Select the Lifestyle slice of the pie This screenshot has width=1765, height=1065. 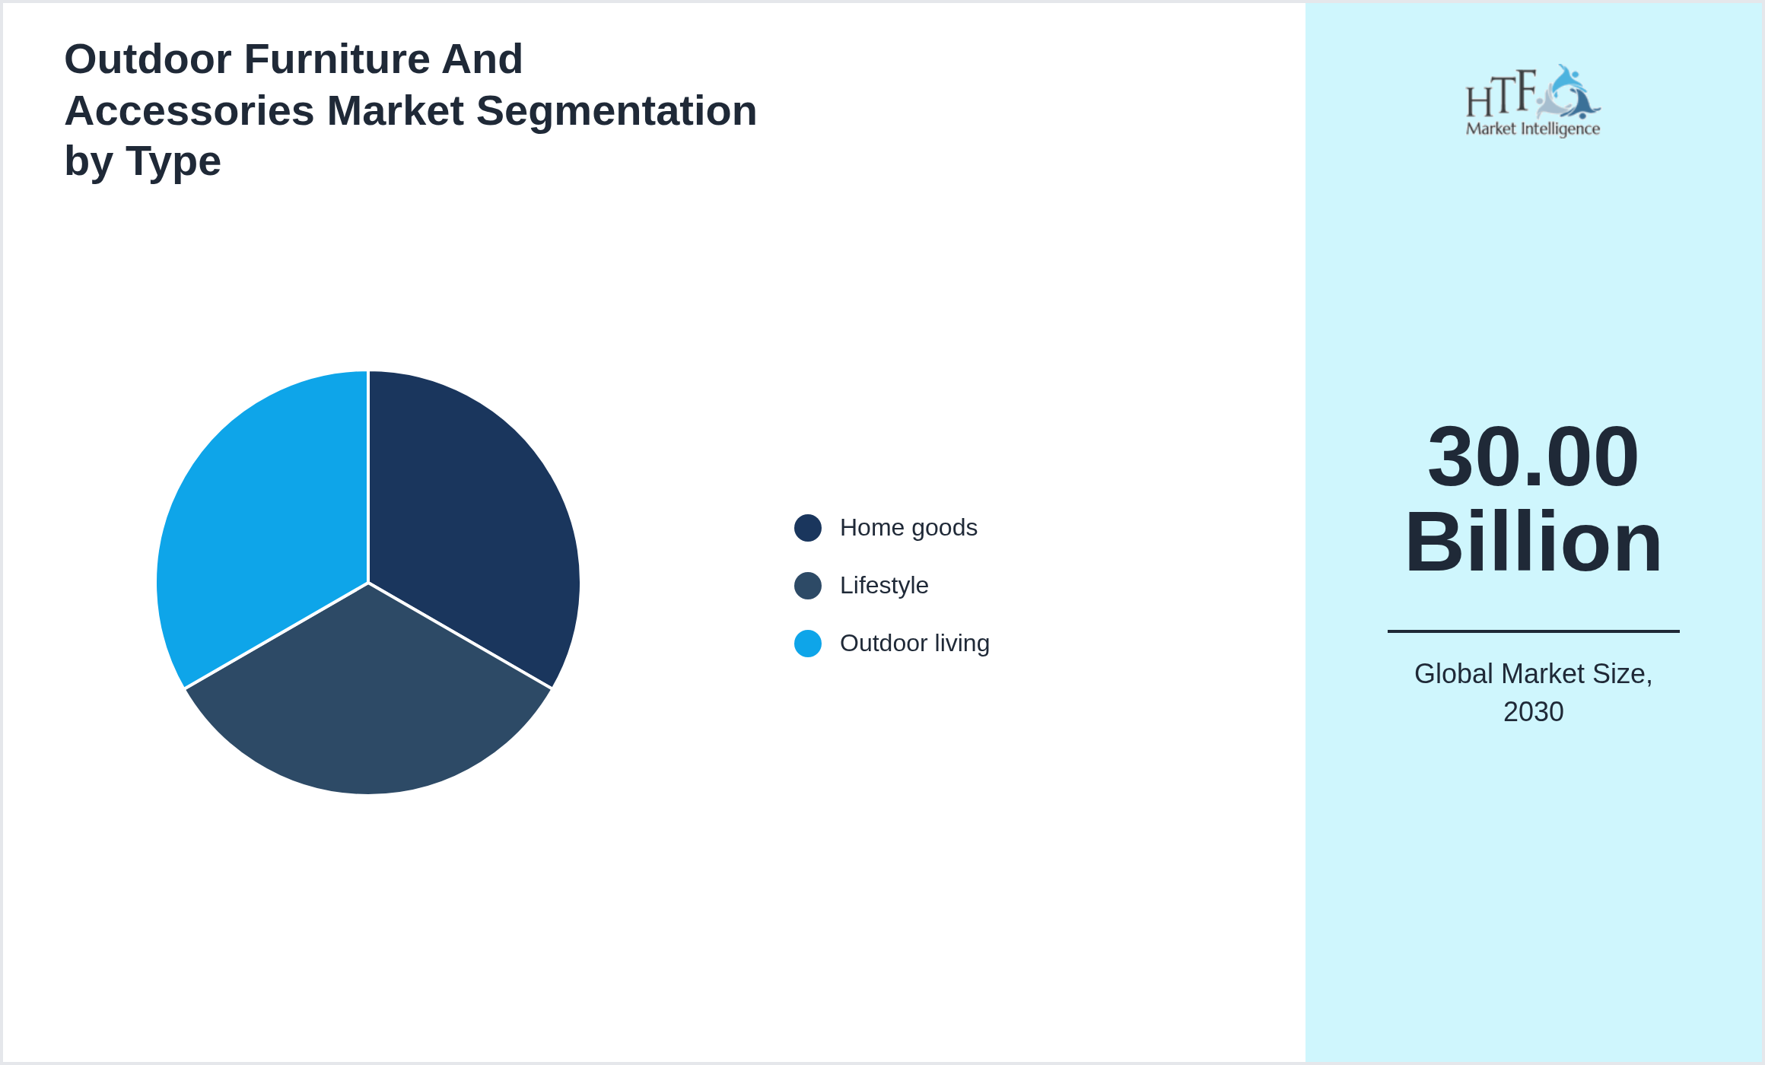pyautogui.click(x=368, y=707)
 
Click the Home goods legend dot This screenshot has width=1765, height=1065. pyautogui.click(x=808, y=528)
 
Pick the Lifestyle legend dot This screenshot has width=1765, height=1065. pyautogui.click(x=808, y=586)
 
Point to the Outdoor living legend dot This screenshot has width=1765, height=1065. pyautogui.click(x=808, y=644)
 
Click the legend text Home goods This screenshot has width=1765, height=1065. pyautogui.click(x=908, y=528)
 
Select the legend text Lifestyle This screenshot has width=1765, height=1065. pyautogui.click(x=884, y=586)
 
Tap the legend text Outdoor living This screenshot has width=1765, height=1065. pyautogui.click(x=914, y=644)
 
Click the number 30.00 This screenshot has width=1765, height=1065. pyautogui.click(x=1533, y=456)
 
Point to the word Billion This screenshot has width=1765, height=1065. pyautogui.click(x=1533, y=542)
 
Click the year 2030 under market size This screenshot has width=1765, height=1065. pyautogui.click(x=1533, y=712)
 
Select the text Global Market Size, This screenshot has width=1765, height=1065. pyautogui.click(x=1533, y=674)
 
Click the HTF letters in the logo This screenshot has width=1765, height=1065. pyautogui.click(x=1502, y=94)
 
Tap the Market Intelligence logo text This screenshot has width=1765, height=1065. pyautogui.click(x=1533, y=129)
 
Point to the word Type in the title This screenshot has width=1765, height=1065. pyautogui.click(x=173, y=162)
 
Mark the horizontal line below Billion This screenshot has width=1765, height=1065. pyautogui.click(x=1533, y=631)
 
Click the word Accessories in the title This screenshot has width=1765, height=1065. pyautogui.click(x=189, y=111)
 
